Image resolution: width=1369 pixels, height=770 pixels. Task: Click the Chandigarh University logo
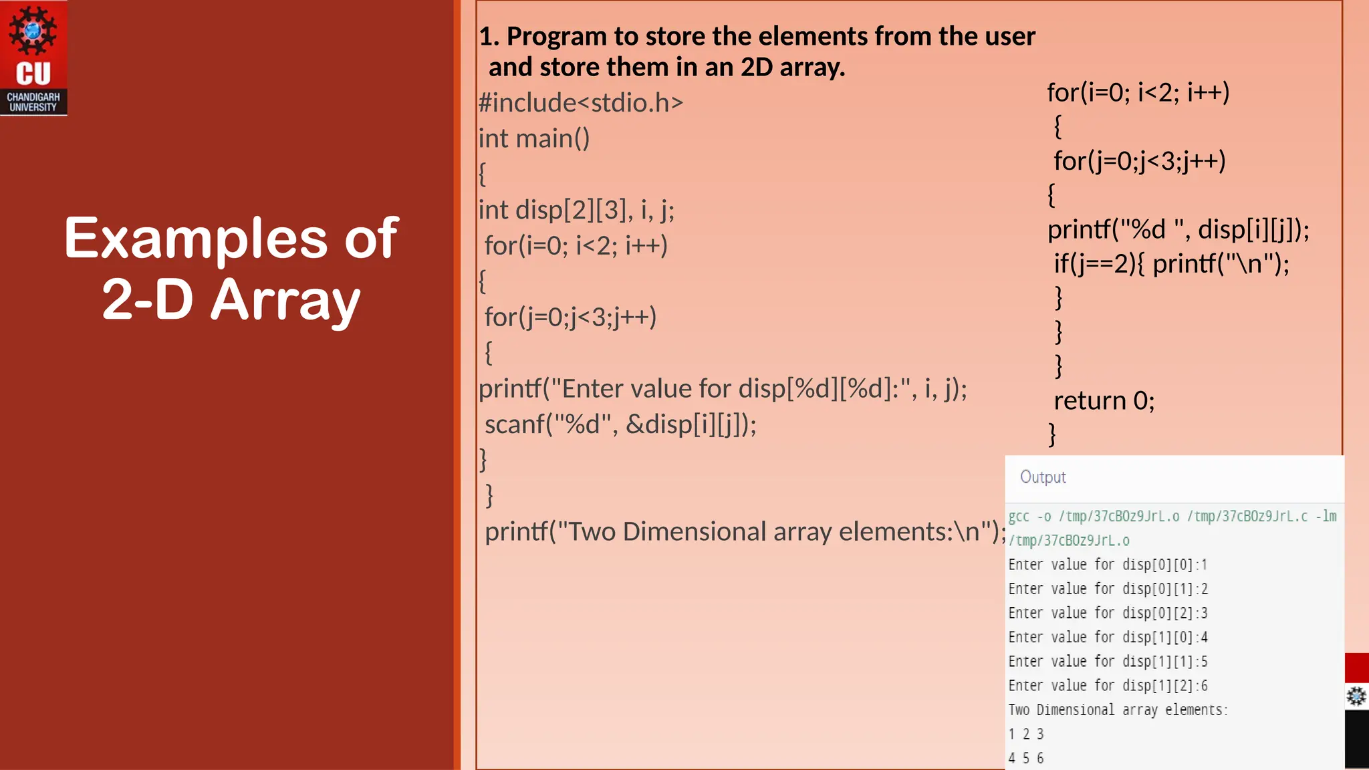(x=33, y=58)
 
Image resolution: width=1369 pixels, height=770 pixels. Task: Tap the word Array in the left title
(x=285, y=300)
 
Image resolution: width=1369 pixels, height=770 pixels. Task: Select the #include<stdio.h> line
(x=581, y=103)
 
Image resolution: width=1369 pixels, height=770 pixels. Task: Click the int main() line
(x=534, y=138)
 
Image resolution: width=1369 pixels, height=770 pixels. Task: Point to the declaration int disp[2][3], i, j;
(x=576, y=210)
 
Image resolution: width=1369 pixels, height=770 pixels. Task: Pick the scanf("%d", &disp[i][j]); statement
(x=620, y=424)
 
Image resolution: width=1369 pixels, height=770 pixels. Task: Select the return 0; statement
(x=1104, y=400)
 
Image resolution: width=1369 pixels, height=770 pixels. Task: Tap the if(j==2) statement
(x=1171, y=263)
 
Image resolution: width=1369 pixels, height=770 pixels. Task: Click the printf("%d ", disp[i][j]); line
(x=1178, y=229)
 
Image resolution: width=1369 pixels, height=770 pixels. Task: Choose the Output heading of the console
(x=1043, y=477)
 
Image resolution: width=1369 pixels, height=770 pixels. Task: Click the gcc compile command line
(x=1172, y=516)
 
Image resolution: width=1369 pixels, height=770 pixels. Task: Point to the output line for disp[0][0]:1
(x=1108, y=565)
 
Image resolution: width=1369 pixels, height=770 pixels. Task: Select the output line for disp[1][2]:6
(x=1108, y=686)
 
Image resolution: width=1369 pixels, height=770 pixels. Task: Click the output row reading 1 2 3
(x=1026, y=734)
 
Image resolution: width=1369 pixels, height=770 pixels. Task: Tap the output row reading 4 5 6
(x=1026, y=758)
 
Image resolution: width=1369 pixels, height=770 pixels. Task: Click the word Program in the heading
(x=556, y=36)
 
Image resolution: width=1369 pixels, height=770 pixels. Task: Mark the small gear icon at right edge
(x=1356, y=696)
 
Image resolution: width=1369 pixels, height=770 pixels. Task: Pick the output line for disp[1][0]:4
(x=1108, y=637)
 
